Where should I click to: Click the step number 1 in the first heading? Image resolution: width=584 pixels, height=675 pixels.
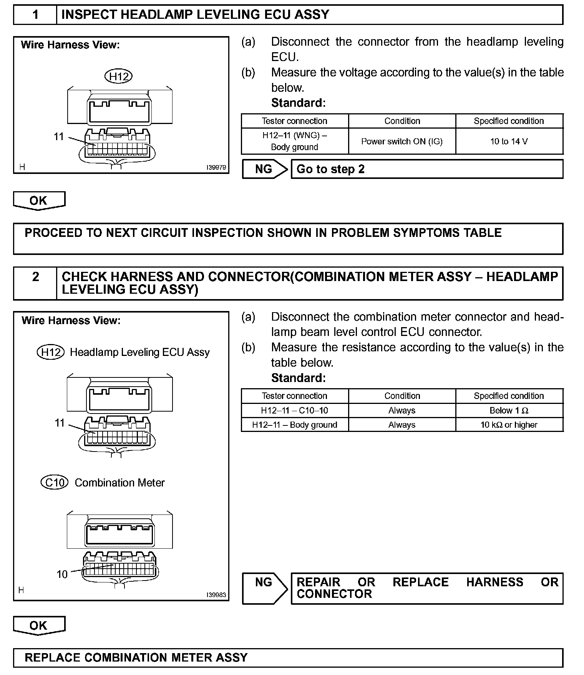[x=35, y=15]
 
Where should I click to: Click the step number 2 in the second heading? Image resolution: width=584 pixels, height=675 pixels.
[x=35, y=277]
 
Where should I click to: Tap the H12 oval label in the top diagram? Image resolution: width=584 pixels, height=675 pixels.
[x=118, y=76]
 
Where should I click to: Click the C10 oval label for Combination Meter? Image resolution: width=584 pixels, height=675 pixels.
[x=55, y=482]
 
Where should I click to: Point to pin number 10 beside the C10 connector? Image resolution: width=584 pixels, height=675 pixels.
[x=62, y=574]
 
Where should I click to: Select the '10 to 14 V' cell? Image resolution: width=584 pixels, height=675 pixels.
[x=509, y=141]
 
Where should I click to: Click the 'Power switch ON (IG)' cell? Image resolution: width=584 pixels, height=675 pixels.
[x=402, y=141]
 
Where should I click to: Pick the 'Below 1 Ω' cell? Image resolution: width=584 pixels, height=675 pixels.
[x=509, y=410]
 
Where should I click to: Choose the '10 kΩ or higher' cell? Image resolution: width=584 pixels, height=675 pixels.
[x=509, y=425]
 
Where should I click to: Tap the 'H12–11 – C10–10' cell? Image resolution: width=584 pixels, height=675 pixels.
[x=295, y=410]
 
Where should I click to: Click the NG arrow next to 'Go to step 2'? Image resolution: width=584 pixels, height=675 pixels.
[x=265, y=169]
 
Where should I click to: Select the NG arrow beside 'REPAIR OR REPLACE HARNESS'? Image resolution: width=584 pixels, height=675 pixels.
[x=265, y=588]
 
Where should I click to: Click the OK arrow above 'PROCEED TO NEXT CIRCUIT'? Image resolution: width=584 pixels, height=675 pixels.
[x=39, y=200]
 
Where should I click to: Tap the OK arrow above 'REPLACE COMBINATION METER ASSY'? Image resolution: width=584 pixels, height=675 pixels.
[x=39, y=625]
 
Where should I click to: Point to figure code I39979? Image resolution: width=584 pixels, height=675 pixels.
[x=216, y=167]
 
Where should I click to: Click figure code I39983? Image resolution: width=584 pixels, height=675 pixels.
[x=216, y=595]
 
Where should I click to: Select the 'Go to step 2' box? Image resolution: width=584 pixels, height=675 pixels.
[x=426, y=169]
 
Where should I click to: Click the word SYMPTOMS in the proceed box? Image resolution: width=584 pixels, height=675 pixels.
[x=416, y=233]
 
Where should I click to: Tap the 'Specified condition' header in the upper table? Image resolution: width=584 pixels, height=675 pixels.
[x=509, y=121]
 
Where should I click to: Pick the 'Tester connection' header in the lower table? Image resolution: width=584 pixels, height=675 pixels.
[x=295, y=396]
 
